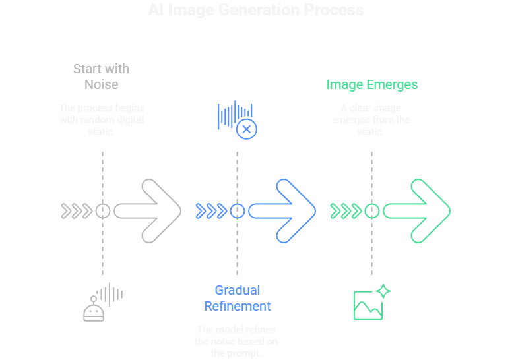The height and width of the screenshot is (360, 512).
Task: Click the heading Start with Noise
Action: tap(101, 76)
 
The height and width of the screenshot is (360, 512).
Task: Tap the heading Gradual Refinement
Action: tap(237, 298)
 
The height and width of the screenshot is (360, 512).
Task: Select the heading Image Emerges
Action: tap(371, 84)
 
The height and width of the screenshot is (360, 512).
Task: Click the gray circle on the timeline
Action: tap(102, 211)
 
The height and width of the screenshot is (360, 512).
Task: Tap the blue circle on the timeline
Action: tap(237, 211)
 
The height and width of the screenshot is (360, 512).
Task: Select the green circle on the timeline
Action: tap(371, 211)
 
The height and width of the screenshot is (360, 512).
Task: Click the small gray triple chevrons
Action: tap(77, 211)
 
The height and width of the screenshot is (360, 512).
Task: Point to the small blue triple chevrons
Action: tap(211, 211)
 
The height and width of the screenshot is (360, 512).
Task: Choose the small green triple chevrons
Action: tap(346, 211)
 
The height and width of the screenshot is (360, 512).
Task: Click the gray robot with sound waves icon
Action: tap(102, 303)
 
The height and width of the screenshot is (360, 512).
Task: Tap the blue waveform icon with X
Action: tap(237, 119)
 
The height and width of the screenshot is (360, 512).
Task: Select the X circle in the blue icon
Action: tap(247, 129)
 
